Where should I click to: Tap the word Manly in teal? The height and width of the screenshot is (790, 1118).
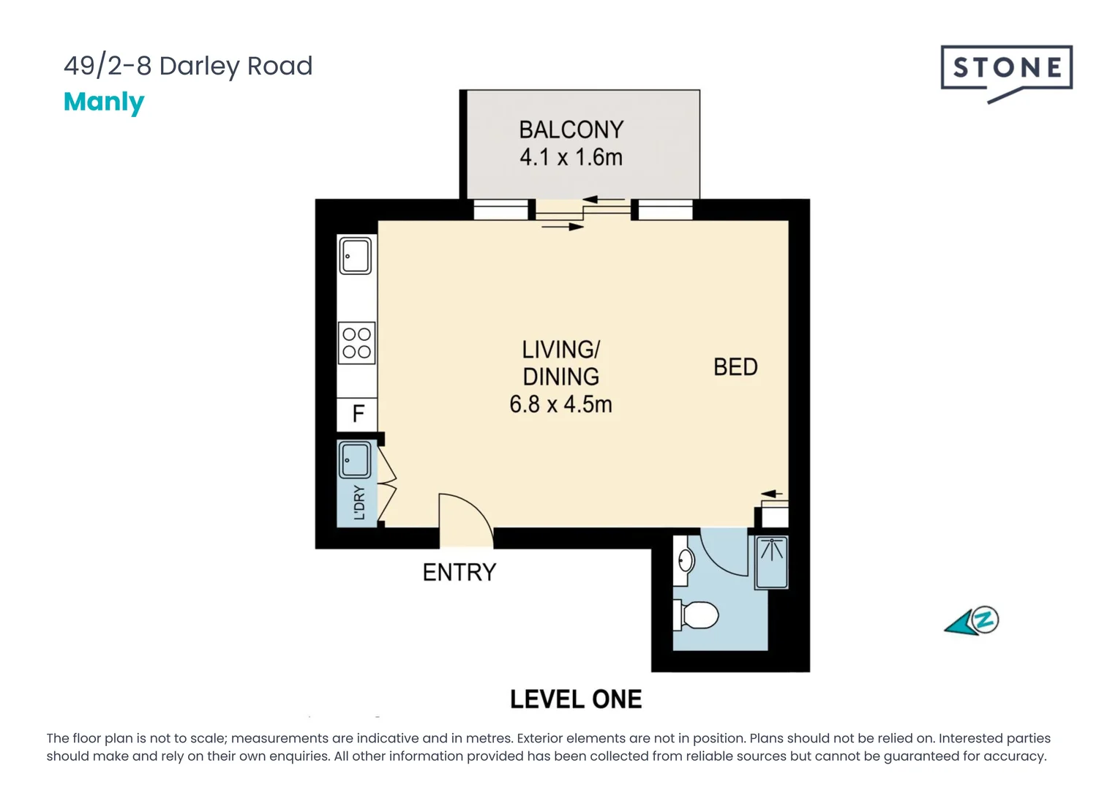point(104,102)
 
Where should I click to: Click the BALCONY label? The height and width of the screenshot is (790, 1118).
point(571,129)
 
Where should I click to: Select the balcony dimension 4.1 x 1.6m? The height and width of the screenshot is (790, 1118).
point(571,158)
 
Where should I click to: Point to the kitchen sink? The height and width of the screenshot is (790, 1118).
point(356,255)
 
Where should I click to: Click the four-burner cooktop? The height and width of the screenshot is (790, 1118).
point(356,343)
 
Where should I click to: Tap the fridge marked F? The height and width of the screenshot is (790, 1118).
point(357,414)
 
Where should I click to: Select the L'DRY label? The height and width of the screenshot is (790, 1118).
point(359,503)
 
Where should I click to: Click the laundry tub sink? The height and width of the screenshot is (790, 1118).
point(355,460)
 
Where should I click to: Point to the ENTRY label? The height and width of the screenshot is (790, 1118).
point(459,573)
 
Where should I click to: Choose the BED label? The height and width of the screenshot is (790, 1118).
point(735,367)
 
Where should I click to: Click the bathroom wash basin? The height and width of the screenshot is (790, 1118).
point(684,561)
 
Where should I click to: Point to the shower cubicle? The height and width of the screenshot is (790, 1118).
point(772,563)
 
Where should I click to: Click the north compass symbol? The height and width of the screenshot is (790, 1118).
point(972,622)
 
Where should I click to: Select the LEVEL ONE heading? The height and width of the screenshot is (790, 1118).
point(576,700)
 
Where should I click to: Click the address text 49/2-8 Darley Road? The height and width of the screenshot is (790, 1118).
point(188,67)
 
